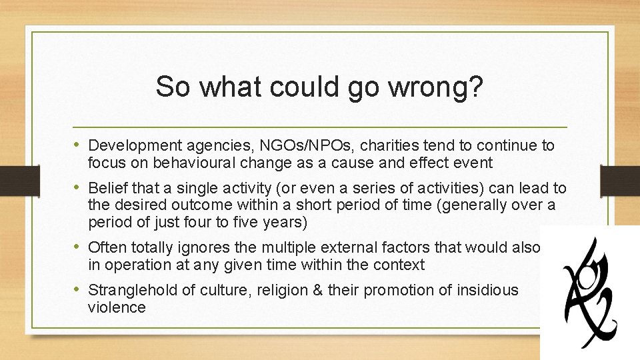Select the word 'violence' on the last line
116,307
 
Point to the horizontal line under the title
320,127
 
